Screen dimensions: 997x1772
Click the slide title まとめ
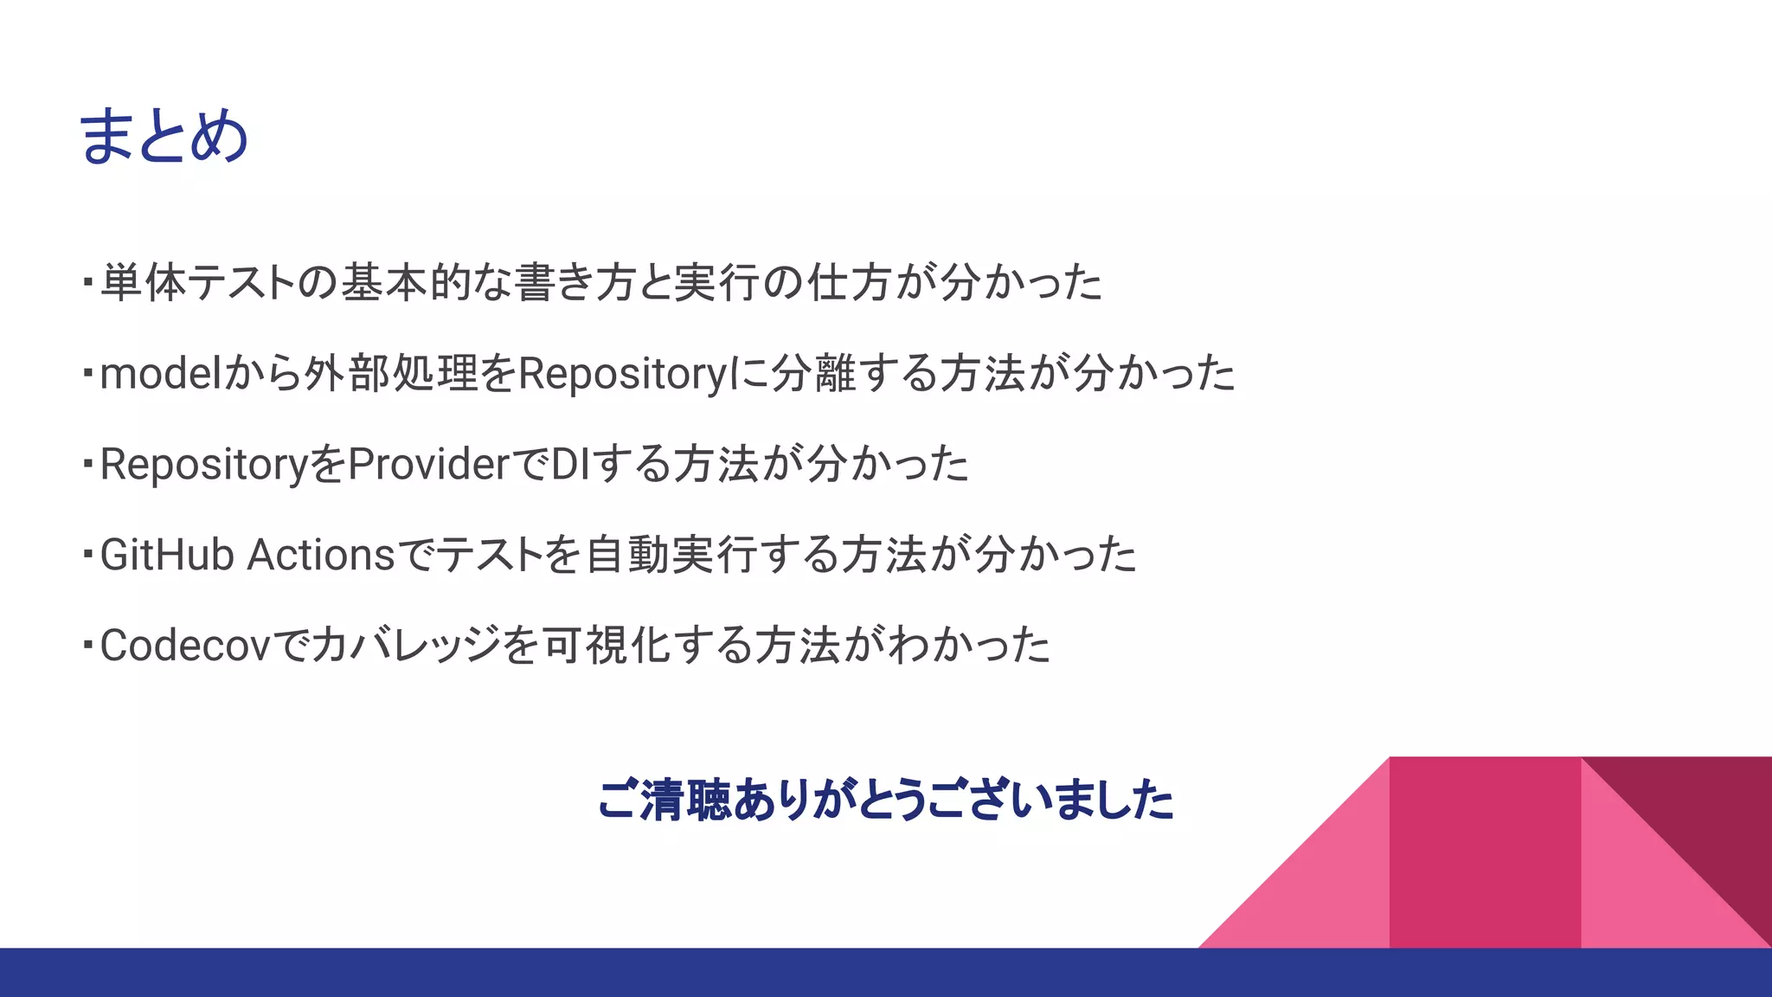pos(164,137)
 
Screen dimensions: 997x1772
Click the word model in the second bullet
pos(161,374)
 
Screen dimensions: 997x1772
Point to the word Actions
pos(321,555)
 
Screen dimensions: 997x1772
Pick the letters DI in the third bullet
pos(570,465)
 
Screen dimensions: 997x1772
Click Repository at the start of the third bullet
pos(204,465)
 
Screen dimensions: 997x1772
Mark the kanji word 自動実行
pos(671,555)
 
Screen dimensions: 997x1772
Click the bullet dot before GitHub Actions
pos(87,553)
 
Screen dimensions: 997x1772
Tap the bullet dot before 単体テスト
pos(87,281)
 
